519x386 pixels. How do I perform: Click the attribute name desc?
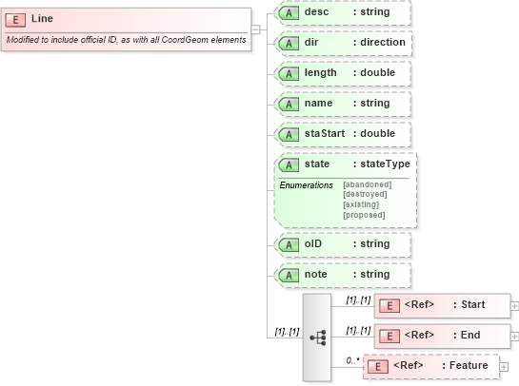[317, 12]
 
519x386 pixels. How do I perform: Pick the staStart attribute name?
[325, 134]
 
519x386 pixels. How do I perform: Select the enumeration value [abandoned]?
[367, 184]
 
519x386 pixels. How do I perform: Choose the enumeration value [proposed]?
[365, 215]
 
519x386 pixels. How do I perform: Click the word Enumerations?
[307, 184]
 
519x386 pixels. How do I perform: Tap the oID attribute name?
[314, 244]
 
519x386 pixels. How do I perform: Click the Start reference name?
[473, 305]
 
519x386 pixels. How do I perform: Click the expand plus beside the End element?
[515, 336]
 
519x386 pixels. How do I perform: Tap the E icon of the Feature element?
[378, 366]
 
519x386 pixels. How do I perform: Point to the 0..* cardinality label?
[352, 359]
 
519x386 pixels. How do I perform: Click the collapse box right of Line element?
[255, 29]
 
